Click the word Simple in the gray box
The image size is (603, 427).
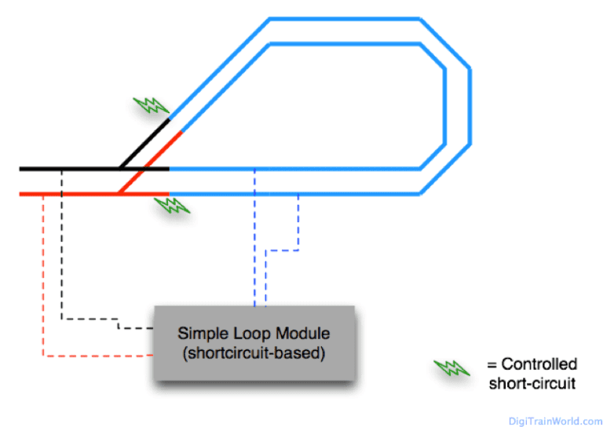pyautogui.click(x=199, y=332)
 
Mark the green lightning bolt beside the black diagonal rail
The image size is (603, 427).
pyautogui.click(x=150, y=105)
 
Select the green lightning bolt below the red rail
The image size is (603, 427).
pyautogui.click(x=170, y=206)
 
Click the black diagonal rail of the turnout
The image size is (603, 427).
pyautogui.click(x=144, y=144)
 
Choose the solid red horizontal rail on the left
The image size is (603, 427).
pyautogui.click(x=71, y=193)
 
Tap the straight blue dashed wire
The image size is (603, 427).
pyautogui.click(x=254, y=235)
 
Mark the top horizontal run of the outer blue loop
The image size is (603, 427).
pyautogui.click(x=345, y=19)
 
